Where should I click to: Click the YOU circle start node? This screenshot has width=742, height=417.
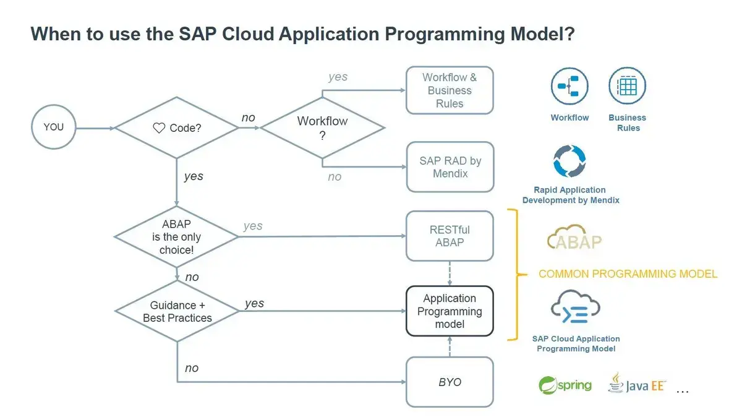click(54, 127)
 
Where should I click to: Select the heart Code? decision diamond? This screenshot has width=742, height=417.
click(177, 128)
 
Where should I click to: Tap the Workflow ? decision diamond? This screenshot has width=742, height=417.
click(322, 128)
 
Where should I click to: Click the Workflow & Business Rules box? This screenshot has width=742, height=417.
click(450, 90)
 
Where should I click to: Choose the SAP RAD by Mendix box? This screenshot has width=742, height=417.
click(450, 167)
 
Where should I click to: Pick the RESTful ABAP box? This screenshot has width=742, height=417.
click(450, 236)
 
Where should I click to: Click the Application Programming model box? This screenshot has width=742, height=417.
click(450, 311)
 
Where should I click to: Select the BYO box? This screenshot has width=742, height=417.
click(450, 382)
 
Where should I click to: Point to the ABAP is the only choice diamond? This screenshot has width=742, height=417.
click(177, 236)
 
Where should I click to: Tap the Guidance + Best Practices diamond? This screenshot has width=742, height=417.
click(177, 311)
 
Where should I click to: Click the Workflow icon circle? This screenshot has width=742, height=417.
click(569, 87)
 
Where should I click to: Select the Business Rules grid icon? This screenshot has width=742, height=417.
click(627, 87)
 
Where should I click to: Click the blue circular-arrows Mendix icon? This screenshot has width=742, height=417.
click(569, 161)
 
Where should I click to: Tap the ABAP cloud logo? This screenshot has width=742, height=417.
click(574, 238)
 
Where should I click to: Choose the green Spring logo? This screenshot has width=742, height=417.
click(565, 385)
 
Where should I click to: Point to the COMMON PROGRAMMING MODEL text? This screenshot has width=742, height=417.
click(628, 273)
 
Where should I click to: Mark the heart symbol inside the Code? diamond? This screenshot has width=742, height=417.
click(159, 128)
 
